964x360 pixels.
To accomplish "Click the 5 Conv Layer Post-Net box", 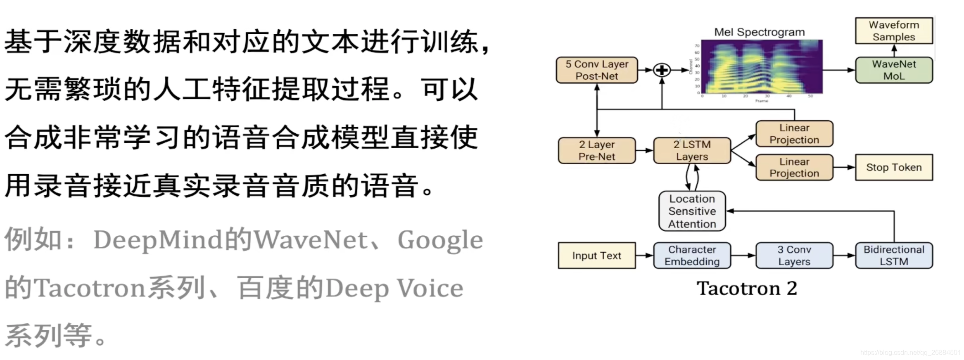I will tap(596, 70).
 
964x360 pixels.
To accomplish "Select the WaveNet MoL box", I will tap(893, 70).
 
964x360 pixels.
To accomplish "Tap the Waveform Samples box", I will tap(893, 31).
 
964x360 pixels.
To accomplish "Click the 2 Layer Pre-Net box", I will tap(596, 151).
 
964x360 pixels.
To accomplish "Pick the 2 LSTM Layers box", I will tap(692, 151).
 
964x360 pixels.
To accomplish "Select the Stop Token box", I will tap(893, 167).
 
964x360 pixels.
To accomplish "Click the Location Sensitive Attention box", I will tap(692, 211).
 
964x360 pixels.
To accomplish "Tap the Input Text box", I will tap(596, 256).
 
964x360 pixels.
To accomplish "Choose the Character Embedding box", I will tap(692, 256).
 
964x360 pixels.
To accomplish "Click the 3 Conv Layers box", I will tap(794, 256).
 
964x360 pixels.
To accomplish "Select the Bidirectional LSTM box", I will tap(893, 256).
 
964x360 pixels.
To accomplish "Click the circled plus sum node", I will tap(662, 70).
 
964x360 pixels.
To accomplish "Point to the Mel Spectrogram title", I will tap(759, 32).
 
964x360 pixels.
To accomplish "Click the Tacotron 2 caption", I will tap(747, 288).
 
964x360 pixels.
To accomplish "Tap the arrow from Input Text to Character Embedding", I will tap(644, 256).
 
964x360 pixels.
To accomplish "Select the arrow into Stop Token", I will tap(844, 167).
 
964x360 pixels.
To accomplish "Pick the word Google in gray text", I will tap(440, 241).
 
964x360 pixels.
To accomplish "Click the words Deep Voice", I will tap(394, 288).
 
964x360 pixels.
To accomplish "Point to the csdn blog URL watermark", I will tap(910, 353).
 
